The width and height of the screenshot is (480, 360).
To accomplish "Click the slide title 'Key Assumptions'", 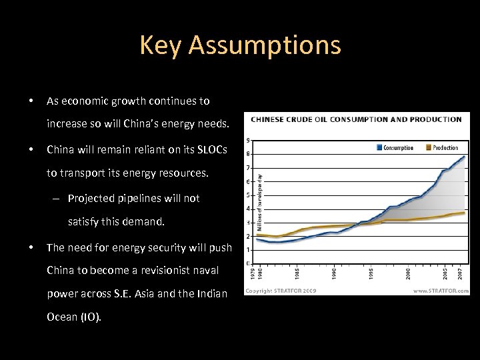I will [x=240, y=45].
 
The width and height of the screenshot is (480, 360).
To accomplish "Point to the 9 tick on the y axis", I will [x=249, y=140].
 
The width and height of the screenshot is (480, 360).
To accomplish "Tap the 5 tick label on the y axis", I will [x=249, y=195].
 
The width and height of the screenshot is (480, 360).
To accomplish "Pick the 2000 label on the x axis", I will [x=408, y=273].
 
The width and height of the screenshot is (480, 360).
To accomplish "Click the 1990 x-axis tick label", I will [x=335, y=273].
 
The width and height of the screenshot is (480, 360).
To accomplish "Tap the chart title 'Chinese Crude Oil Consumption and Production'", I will [x=356, y=120].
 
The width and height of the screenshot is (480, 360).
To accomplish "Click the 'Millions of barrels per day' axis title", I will [x=259, y=193].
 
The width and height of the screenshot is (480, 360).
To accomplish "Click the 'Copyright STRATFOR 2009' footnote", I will [x=281, y=291].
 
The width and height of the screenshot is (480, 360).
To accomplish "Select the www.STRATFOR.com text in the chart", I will [x=441, y=291].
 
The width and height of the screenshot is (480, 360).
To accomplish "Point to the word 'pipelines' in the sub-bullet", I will [x=142, y=198].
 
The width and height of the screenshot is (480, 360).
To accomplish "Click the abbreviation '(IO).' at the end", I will [x=89, y=317].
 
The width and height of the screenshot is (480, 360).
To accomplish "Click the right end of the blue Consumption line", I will [x=464, y=157].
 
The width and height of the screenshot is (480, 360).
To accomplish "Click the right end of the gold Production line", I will [x=464, y=213].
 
